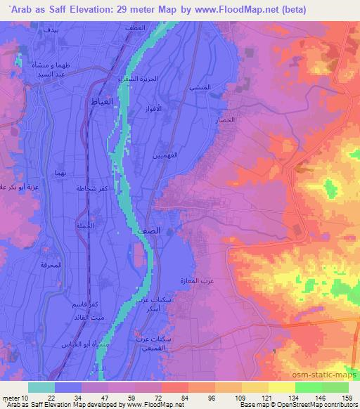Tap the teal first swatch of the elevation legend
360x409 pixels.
pos(41,387)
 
